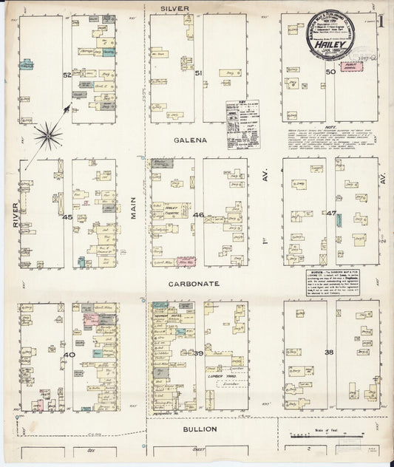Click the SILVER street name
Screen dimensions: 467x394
point(177,8)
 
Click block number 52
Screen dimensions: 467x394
point(67,75)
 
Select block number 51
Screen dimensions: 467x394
point(198,73)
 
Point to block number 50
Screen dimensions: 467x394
point(330,72)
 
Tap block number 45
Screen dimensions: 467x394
point(67,217)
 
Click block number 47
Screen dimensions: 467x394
point(332,214)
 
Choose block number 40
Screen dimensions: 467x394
point(67,355)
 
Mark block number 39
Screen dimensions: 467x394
point(198,354)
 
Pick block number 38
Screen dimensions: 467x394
point(330,352)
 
